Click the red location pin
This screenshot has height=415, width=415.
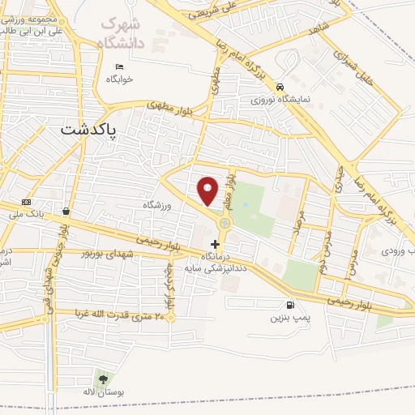click(208, 190)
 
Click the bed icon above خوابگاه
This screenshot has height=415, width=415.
click(120, 66)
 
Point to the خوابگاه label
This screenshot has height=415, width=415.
click(118, 79)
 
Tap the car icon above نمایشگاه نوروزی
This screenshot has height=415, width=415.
click(279, 86)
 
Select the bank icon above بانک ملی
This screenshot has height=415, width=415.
click(28, 202)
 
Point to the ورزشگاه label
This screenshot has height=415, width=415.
click(159, 206)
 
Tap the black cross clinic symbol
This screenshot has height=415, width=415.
click(215, 243)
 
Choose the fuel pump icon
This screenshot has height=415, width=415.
click(289, 306)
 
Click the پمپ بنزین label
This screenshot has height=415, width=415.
click(289, 319)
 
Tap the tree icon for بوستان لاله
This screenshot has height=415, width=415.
click(102, 379)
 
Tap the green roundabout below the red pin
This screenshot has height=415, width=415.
click(225, 222)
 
